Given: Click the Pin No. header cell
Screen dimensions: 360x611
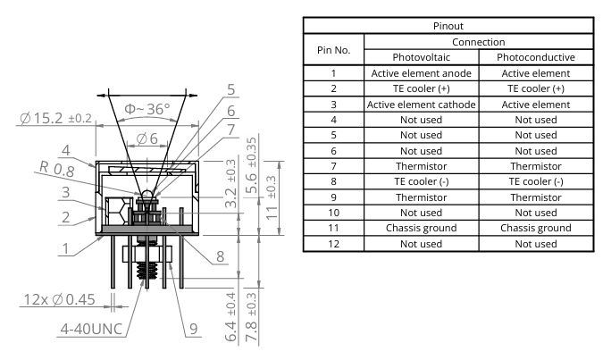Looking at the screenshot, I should click(333, 48).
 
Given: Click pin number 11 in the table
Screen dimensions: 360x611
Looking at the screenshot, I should click(333, 228).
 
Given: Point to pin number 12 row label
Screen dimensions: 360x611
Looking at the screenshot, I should click(333, 244).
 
